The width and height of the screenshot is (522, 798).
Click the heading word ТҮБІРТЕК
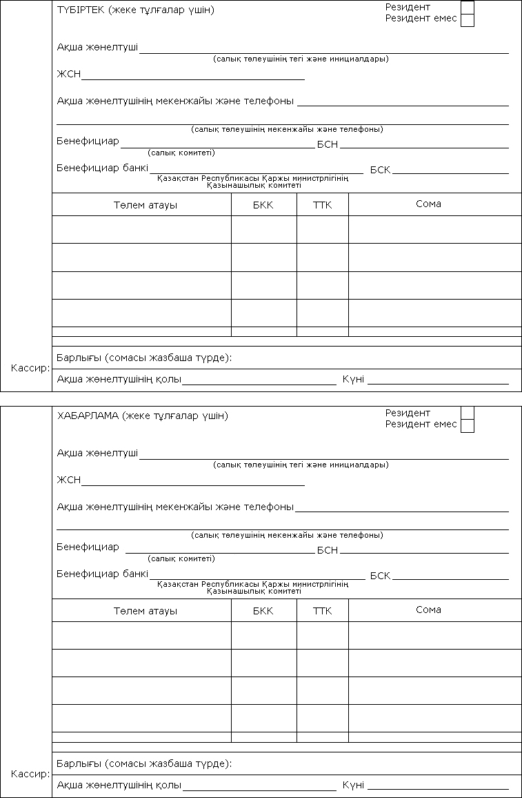(x=80, y=10)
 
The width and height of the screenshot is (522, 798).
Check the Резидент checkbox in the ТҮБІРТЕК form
(x=467, y=7)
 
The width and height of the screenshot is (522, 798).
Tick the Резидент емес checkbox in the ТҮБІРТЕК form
(x=467, y=19)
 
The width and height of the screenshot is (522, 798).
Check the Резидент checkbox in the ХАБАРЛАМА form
(x=467, y=413)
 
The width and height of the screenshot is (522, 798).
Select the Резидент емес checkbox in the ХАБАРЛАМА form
(x=467, y=425)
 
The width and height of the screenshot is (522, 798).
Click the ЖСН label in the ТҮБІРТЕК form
(x=68, y=75)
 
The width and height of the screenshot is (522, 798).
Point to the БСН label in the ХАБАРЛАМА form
(x=328, y=550)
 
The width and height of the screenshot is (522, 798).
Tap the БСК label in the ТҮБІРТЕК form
(x=380, y=170)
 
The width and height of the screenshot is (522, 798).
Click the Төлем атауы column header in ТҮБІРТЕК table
(x=145, y=205)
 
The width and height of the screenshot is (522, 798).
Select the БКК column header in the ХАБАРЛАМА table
(x=263, y=611)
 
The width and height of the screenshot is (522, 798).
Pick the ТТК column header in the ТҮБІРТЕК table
(x=322, y=205)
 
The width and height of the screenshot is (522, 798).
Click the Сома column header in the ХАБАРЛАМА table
(x=428, y=610)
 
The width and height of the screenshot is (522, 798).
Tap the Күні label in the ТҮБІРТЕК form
(x=353, y=379)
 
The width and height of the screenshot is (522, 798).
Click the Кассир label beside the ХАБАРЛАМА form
(x=30, y=774)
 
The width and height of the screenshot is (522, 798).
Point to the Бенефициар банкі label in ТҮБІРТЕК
(x=102, y=168)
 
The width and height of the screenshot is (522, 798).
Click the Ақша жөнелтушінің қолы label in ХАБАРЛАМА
(x=119, y=785)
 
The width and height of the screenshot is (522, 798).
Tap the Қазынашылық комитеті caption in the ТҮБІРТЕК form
(x=254, y=185)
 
